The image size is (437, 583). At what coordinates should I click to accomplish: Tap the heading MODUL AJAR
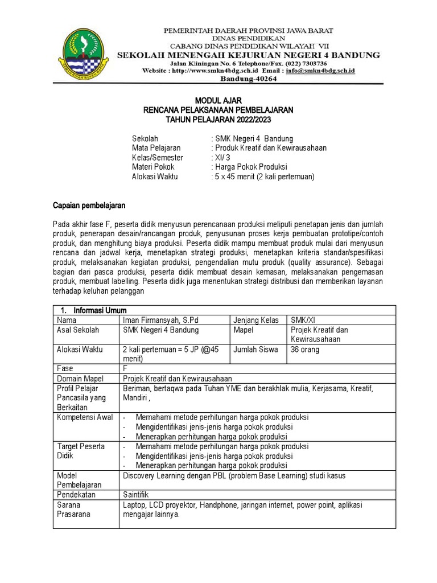click(218, 100)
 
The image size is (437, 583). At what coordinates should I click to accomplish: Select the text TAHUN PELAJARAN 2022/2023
click(218, 120)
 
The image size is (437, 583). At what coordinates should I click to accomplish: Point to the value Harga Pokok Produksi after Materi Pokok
click(250, 167)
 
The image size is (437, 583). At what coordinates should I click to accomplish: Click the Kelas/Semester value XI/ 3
click(221, 157)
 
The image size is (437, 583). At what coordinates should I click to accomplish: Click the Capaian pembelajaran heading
click(89, 204)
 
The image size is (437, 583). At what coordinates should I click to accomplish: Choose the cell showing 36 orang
click(305, 350)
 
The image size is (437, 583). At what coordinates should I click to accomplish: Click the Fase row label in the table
click(65, 368)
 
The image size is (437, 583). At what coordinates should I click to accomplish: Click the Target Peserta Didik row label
click(81, 451)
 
